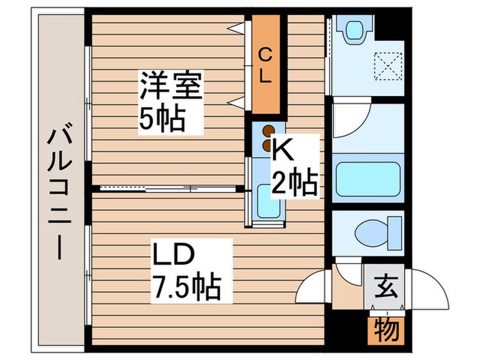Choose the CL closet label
coord(264,64)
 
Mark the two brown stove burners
coord(268,136)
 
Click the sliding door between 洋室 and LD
coord(168,187)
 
